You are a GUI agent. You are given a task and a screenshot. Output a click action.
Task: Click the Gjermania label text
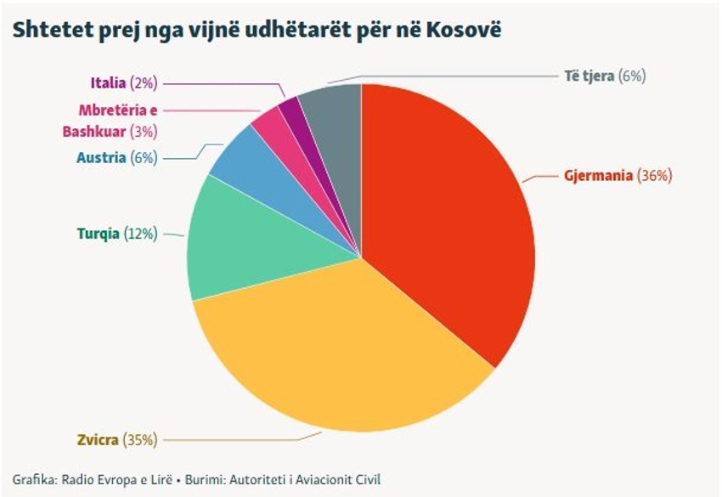point(598,176)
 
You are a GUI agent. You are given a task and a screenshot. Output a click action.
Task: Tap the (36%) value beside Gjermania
point(654,176)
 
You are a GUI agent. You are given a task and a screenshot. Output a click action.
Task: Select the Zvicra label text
point(98,440)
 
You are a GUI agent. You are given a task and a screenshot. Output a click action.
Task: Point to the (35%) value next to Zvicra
point(140,440)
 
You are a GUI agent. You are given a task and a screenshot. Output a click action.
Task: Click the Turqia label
point(98,234)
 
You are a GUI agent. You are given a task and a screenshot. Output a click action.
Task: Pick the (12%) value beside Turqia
point(140,234)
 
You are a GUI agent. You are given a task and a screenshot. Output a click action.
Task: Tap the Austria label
point(101,158)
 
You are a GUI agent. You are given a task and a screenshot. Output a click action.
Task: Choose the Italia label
point(108,83)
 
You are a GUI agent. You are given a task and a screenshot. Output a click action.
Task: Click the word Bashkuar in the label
point(94,132)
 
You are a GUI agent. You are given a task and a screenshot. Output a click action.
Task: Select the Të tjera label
point(589,76)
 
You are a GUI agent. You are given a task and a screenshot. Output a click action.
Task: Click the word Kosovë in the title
point(464,30)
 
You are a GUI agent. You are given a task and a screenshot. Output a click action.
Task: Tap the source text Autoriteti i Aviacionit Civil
point(305,479)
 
